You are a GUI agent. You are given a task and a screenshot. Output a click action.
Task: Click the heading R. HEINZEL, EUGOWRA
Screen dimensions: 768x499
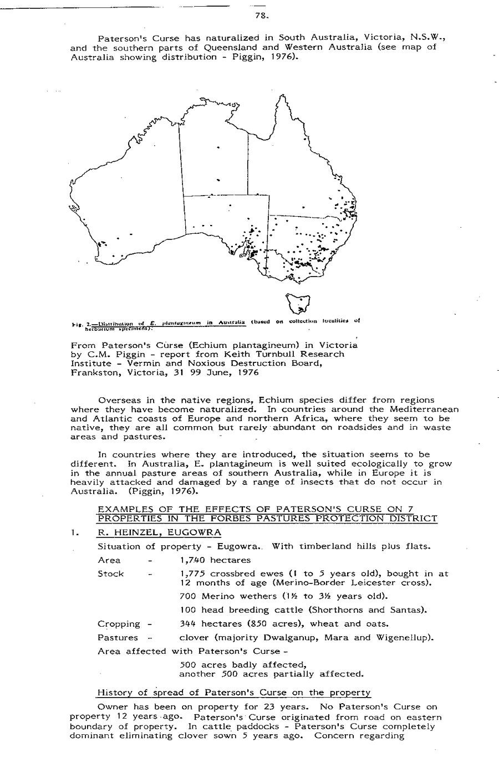[159, 533]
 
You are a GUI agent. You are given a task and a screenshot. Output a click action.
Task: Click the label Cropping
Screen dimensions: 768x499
[118, 624]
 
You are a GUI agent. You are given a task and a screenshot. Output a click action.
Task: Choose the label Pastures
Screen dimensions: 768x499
[118, 638]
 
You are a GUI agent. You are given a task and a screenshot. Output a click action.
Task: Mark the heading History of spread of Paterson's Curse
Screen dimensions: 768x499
[233, 693]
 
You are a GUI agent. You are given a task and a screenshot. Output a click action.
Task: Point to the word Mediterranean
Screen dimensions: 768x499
[424, 409]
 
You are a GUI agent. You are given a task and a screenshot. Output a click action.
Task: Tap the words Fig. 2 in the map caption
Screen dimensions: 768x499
[78, 321]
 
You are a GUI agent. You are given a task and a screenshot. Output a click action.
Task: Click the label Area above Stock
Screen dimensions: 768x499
[109, 560]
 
